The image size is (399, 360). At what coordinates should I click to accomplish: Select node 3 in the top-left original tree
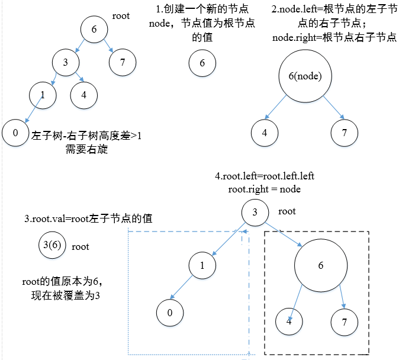[66, 62]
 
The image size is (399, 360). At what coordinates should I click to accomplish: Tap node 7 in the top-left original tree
[123, 62]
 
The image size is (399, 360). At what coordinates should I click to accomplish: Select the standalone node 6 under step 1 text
[202, 64]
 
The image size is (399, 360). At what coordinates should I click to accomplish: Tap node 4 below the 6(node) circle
[264, 133]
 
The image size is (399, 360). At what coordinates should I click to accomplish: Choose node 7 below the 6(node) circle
[345, 133]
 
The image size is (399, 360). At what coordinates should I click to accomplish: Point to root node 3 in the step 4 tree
[255, 213]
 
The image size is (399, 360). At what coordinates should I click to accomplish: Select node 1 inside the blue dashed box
[202, 266]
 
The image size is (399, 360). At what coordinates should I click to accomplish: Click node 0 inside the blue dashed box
[170, 313]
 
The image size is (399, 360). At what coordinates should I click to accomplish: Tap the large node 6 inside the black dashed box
[320, 265]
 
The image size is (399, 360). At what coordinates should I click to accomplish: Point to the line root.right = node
[264, 189]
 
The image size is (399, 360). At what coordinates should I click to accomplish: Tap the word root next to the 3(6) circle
[81, 247]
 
